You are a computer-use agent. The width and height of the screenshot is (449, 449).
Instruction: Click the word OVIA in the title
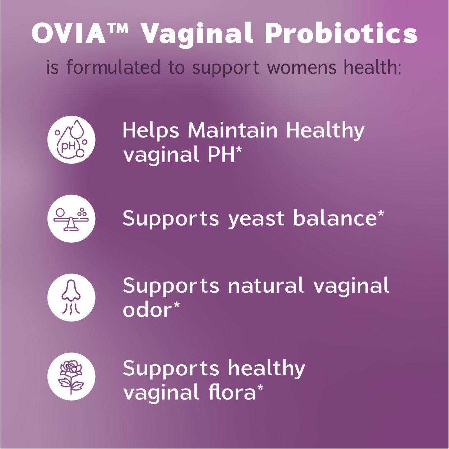(69, 34)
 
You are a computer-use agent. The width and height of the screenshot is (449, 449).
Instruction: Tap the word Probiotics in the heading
(341, 34)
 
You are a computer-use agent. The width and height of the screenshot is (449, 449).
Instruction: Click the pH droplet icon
(71, 140)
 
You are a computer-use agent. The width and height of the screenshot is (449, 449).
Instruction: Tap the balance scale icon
(71, 218)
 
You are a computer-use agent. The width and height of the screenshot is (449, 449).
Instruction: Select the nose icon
(71, 297)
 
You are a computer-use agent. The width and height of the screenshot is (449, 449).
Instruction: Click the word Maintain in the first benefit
(233, 130)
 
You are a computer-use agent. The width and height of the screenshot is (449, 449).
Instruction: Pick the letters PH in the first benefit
(221, 154)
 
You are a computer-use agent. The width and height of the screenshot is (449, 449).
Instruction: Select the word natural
(266, 286)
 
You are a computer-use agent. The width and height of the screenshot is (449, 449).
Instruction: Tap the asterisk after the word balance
(381, 214)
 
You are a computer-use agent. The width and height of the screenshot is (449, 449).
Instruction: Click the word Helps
(151, 131)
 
